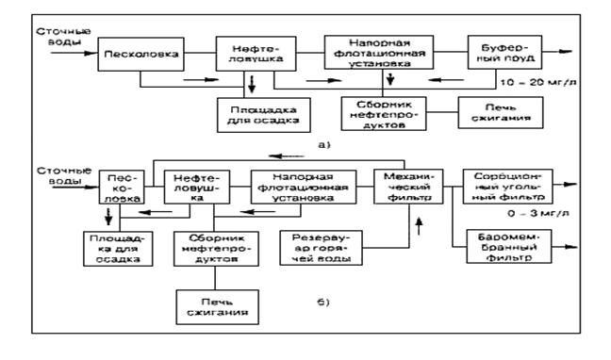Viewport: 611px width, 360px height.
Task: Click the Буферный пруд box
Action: click(504, 52)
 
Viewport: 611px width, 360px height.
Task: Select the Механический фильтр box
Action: click(408, 187)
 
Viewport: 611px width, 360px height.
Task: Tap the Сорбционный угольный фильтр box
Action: click(507, 187)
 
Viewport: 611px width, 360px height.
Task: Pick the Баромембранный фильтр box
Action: click(509, 246)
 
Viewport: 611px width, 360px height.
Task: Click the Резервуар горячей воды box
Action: click(322, 248)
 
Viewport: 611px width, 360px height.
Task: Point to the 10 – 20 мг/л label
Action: click(538, 83)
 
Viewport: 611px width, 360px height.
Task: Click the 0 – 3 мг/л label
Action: click(538, 214)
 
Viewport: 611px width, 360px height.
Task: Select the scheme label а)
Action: click(324, 145)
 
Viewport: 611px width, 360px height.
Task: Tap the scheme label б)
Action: click(323, 302)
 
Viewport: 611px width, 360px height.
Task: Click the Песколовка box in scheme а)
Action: click(140, 54)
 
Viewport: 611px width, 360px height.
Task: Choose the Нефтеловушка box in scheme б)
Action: click(197, 187)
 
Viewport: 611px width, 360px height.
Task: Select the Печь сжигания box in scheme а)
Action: click(501, 112)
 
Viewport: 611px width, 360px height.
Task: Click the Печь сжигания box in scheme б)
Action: click(217, 307)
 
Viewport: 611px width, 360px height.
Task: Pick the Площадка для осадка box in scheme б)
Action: click(118, 249)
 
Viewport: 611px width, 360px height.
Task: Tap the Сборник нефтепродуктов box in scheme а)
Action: click(384, 114)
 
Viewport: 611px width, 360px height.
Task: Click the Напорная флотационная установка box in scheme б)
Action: click(304, 187)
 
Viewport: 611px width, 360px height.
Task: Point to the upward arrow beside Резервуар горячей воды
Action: click(420, 226)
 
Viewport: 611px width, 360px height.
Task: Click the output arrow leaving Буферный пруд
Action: click(557, 52)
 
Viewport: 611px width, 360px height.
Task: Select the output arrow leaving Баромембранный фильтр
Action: click(564, 247)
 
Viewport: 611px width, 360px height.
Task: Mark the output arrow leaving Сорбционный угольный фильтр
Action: click(565, 185)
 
